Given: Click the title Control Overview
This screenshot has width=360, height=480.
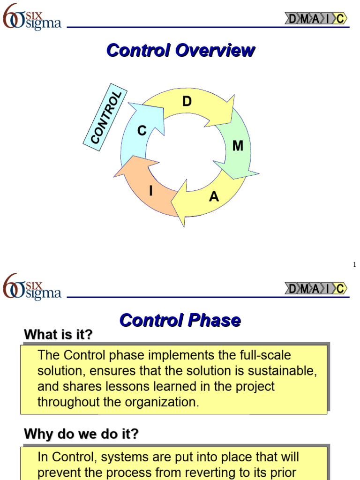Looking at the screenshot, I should pos(180,50).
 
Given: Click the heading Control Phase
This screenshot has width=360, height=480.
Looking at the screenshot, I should pos(180,320).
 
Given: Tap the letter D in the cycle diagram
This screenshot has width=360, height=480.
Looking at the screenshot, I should pos(187,102).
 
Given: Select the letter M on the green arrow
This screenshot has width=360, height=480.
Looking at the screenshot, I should pos(238,146).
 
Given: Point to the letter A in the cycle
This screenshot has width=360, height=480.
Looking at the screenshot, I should pos(214,197).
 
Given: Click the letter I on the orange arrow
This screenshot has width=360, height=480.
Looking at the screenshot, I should pos(151,191).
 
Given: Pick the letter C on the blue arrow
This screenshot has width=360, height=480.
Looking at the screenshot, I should pos(142,131).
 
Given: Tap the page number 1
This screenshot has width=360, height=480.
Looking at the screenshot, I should pos(354,265).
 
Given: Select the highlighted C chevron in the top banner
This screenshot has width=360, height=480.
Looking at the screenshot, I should pos(341,19).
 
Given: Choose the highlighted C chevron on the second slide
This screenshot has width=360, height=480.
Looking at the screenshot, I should pos(341,289).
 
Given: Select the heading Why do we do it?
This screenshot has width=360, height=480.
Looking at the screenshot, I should pos(81,434).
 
